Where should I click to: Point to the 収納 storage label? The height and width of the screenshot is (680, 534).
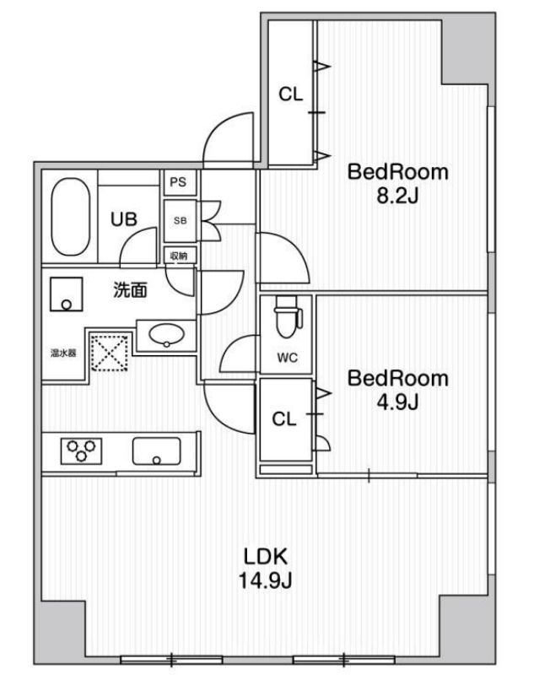pyautogui.click(x=178, y=256)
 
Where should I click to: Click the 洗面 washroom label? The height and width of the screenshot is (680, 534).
pyautogui.click(x=131, y=291)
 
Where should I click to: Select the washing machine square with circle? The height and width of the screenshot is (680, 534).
pyautogui.click(x=65, y=294)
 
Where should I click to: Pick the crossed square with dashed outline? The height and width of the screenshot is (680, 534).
pyautogui.click(x=108, y=352)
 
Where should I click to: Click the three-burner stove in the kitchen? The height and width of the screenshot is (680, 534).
pyautogui.click(x=80, y=449)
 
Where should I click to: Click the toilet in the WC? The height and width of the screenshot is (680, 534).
pyautogui.click(x=287, y=321)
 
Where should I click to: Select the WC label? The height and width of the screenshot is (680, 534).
pyautogui.click(x=288, y=358)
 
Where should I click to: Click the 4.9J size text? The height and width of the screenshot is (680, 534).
pyautogui.click(x=398, y=403)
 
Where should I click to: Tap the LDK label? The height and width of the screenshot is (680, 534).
pyautogui.click(x=267, y=557)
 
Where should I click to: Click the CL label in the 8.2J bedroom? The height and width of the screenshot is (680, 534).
pyautogui.click(x=291, y=95)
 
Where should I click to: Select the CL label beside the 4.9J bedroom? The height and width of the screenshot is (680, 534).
pyautogui.click(x=285, y=419)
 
